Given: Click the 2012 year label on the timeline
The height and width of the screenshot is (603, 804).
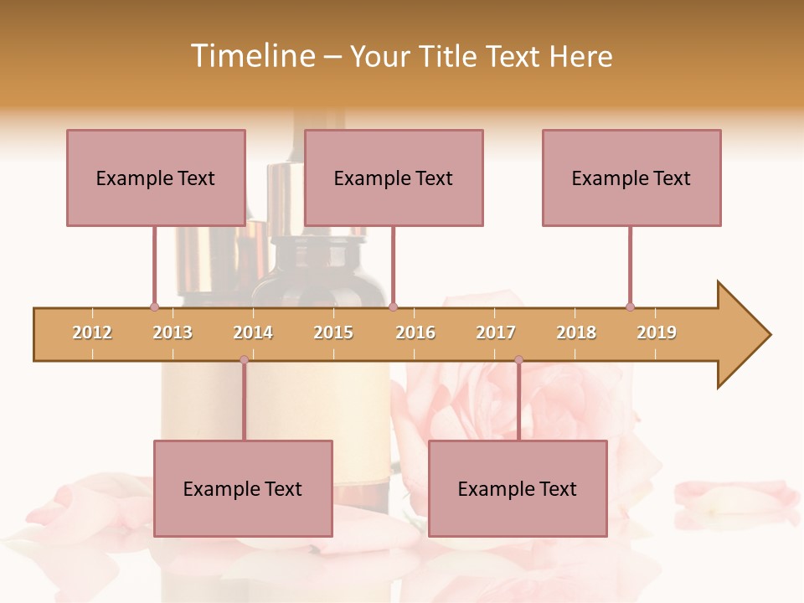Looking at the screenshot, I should click(x=92, y=332).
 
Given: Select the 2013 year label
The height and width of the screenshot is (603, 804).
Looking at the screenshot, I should click(x=173, y=332).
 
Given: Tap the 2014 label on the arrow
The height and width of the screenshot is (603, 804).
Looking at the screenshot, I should click(x=253, y=332).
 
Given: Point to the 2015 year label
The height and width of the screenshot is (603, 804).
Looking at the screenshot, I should click(x=333, y=332).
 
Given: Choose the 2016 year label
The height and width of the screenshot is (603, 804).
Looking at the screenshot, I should click(x=415, y=332).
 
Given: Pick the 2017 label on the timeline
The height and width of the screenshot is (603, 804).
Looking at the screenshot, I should click(x=496, y=332).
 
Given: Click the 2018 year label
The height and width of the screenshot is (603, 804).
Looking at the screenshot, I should click(x=576, y=332).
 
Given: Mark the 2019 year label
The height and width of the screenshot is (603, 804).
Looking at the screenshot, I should click(x=657, y=332).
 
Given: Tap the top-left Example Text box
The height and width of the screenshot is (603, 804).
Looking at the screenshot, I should click(x=156, y=178).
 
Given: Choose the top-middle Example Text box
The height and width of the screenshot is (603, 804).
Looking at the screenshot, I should click(x=394, y=178).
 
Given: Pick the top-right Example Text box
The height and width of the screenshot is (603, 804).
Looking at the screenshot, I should click(x=631, y=178).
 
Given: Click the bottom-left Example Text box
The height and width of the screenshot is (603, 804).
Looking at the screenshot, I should click(x=243, y=488).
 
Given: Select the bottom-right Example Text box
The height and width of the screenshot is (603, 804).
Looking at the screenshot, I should click(x=518, y=488).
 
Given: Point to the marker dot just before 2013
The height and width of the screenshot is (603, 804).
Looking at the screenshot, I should click(x=154, y=307).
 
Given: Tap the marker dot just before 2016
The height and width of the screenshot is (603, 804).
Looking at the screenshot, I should click(x=393, y=307).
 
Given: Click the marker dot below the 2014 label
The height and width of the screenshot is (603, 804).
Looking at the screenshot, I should click(x=244, y=359).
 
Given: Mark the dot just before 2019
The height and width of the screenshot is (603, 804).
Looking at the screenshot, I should click(x=630, y=307).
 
